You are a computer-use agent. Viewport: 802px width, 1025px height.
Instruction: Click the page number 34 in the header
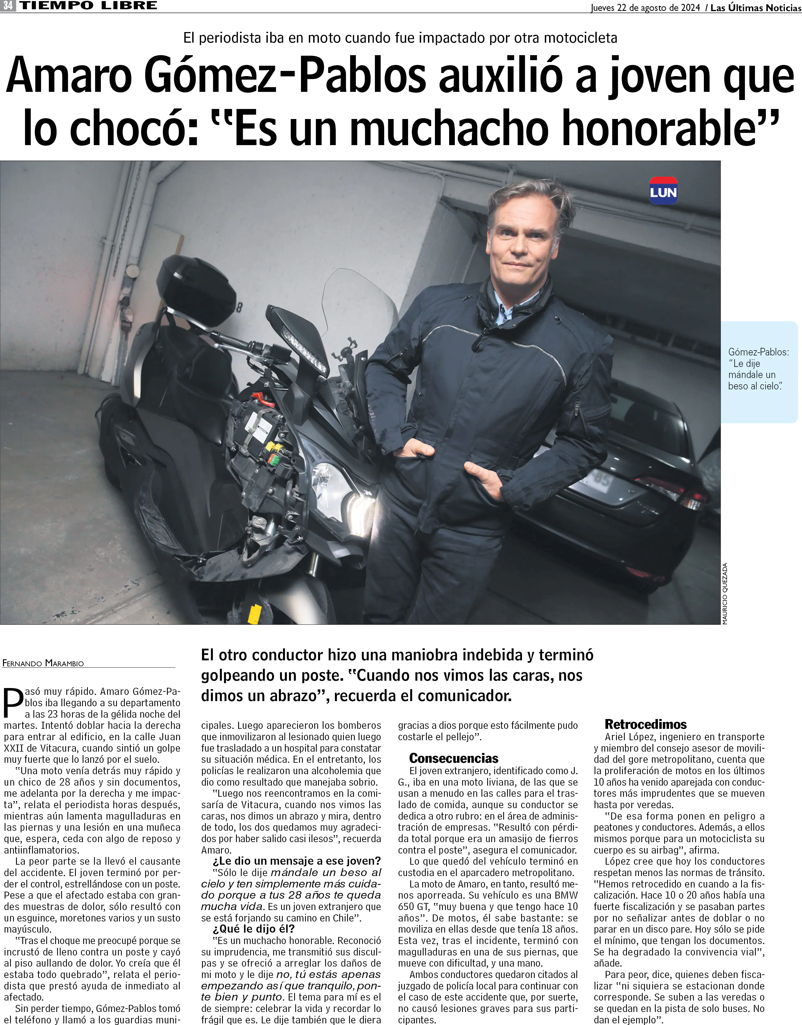[8, 6]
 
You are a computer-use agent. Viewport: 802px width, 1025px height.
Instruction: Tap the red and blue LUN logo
[663, 191]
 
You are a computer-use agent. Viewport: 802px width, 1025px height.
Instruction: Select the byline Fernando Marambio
[43, 663]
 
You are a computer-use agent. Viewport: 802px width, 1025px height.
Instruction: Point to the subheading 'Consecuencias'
[453, 758]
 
